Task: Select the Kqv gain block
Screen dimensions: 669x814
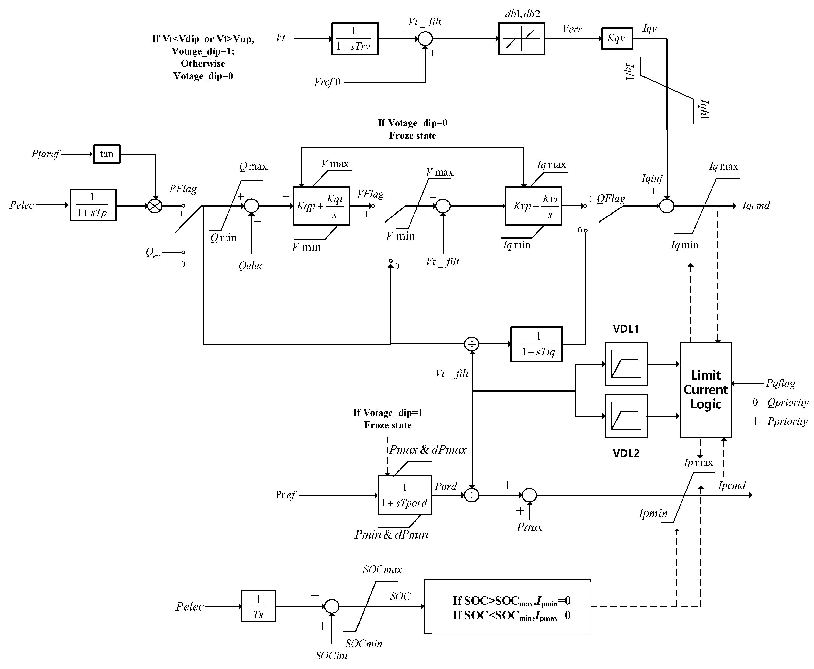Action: click(617, 39)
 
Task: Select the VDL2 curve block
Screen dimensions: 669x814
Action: click(626, 416)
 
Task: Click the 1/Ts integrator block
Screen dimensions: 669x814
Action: click(258, 606)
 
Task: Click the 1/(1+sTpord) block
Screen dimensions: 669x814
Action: click(404, 495)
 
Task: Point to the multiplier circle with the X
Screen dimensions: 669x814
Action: click(155, 206)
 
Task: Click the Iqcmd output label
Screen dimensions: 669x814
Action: click(755, 206)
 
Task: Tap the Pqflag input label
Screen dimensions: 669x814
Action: click(780, 384)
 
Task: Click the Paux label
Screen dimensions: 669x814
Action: click(529, 527)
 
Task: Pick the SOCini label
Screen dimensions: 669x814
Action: click(331, 655)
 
